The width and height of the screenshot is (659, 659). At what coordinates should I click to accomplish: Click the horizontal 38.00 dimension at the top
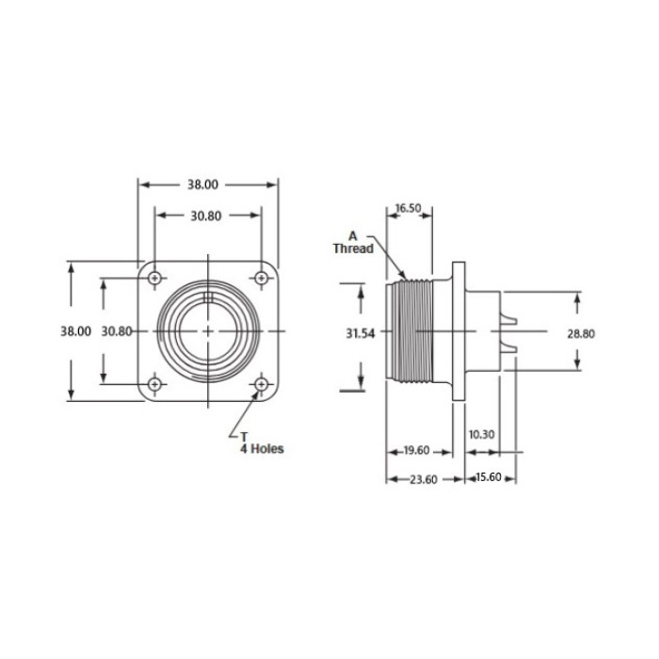coord(208,185)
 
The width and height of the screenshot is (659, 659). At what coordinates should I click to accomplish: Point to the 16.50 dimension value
coord(408,208)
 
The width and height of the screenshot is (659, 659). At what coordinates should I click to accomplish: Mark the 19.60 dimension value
coord(415,451)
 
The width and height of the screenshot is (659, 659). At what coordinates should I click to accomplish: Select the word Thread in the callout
coord(353,249)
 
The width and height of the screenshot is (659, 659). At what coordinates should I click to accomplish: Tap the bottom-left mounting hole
coord(153,385)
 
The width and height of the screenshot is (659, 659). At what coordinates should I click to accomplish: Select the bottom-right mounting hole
coord(262,385)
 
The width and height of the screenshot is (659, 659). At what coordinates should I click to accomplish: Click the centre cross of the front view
coord(208,331)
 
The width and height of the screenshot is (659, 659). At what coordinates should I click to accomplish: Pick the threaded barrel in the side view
coord(411,332)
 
